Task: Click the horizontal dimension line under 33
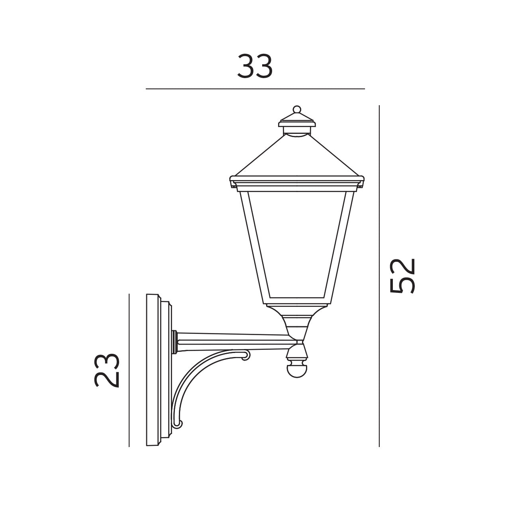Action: pos(255,88)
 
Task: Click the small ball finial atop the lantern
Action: pos(296,109)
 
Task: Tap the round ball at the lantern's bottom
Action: pos(297,370)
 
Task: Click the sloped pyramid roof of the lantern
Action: pos(297,157)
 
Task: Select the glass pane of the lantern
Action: pos(297,243)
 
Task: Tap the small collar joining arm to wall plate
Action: pos(175,342)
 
